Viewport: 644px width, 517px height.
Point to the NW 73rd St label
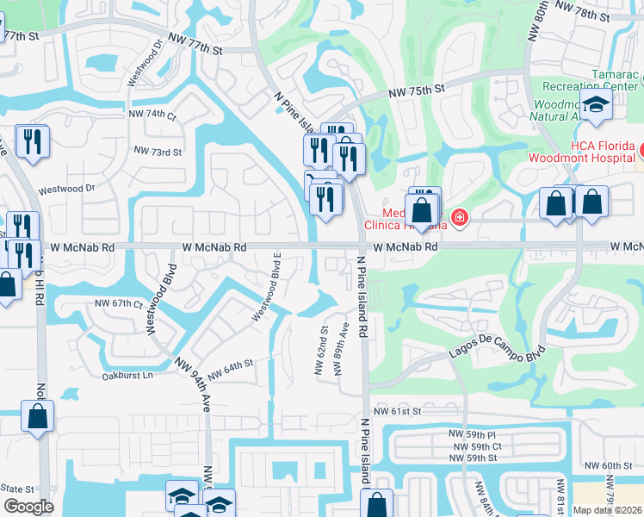coord(158,151)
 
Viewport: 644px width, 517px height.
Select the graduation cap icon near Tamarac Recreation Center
coord(595,105)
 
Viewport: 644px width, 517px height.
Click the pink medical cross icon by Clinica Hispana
coord(459,217)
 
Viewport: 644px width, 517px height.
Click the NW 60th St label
coord(616,466)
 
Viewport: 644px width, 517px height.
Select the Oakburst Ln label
coord(127,376)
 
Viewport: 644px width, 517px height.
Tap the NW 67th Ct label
coord(118,303)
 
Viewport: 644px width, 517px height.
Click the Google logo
coord(28,507)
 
